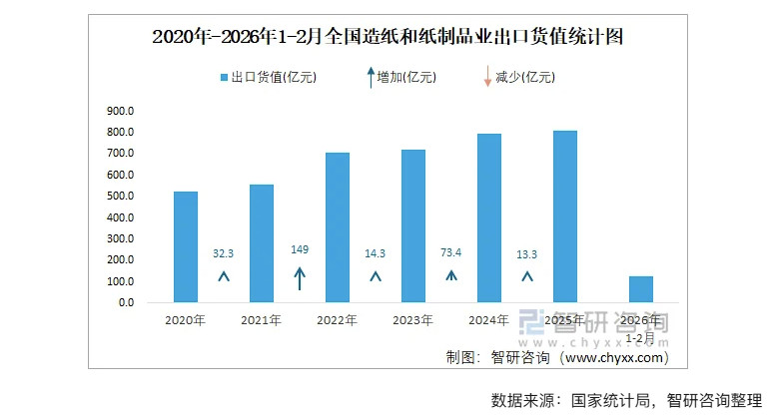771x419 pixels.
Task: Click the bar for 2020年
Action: point(185,246)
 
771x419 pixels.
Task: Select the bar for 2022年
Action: point(338,227)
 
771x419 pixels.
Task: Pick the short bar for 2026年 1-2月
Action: point(641,289)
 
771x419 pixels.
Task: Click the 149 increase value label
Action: point(300,249)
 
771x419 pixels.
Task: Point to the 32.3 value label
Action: point(224,254)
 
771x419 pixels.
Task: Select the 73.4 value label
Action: point(451,253)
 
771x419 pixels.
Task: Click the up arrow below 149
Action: point(300,278)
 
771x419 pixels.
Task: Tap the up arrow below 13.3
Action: point(527,275)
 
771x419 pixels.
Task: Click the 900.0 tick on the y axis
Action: point(120,111)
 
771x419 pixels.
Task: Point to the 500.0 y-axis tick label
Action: point(120,197)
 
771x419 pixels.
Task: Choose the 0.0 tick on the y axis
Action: point(124,302)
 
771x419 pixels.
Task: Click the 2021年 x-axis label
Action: point(262,320)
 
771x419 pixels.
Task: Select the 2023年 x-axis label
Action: point(413,320)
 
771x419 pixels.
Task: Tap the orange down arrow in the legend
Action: point(487,76)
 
